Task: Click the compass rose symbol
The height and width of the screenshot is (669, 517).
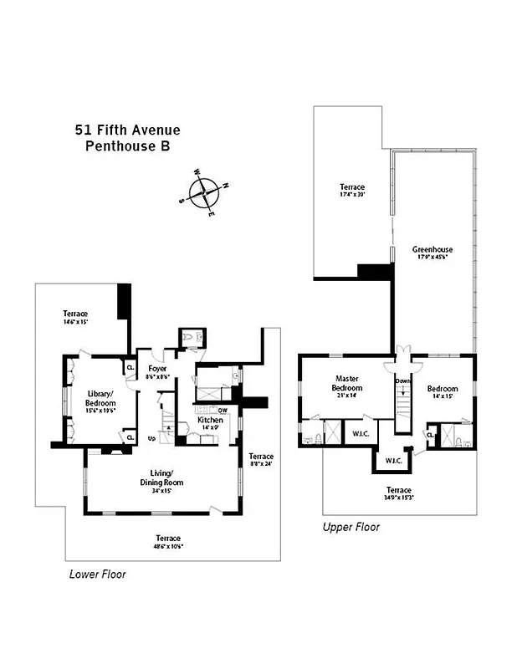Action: (x=205, y=192)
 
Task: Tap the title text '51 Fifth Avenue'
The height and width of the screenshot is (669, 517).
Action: (x=127, y=130)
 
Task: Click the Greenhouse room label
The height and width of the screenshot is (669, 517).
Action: (x=433, y=249)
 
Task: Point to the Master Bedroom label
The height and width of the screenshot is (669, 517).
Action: (x=347, y=383)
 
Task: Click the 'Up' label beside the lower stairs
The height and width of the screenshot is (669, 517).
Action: (x=151, y=437)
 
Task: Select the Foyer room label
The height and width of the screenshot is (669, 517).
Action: (x=156, y=369)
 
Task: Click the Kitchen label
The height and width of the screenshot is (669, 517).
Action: (x=210, y=420)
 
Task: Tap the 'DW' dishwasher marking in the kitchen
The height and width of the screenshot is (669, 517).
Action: (x=223, y=410)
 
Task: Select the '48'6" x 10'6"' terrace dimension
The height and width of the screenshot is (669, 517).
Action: (x=168, y=546)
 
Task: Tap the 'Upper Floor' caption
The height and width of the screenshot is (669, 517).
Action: (x=351, y=527)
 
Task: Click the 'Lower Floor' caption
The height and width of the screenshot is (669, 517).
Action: (x=97, y=575)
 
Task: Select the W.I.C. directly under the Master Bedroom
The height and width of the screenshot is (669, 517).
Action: (x=361, y=433)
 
